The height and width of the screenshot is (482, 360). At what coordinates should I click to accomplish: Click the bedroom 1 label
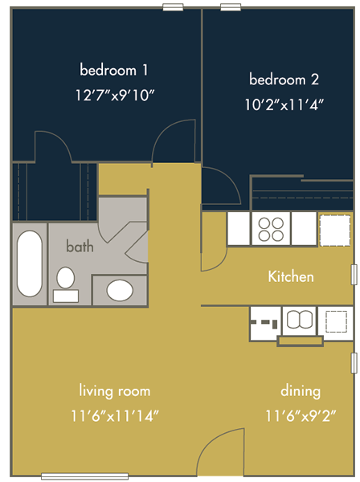(114, 70)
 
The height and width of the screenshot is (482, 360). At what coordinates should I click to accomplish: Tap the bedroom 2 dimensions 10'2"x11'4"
(284, 105)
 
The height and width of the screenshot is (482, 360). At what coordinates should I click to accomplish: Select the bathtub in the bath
(30, 263)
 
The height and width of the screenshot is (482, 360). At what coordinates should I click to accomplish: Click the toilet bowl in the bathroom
(65, 278)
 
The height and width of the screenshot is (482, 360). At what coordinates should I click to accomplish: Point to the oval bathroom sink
(120, 290)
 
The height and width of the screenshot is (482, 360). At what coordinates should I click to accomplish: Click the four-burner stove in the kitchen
(271, 229)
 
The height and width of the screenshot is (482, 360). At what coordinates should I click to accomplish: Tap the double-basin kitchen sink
(300, 320)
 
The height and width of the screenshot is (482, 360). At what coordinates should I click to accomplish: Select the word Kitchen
(291, 276)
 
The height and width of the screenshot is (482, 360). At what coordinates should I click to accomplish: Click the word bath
(80, 247)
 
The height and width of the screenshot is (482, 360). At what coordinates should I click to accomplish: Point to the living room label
(115, 391)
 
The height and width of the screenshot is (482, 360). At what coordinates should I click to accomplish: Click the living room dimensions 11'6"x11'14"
(115, 416)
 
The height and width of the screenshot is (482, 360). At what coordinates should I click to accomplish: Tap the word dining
(301, 391)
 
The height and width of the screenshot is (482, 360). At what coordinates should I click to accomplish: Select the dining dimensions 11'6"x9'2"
(301, 416)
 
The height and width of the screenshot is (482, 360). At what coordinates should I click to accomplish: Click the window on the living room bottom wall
(85, 476)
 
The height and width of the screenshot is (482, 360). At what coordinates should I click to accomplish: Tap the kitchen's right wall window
(354, 274)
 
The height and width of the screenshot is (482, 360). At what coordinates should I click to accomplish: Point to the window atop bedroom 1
(173, 7)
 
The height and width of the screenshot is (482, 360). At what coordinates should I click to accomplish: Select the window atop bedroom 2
(231, 7)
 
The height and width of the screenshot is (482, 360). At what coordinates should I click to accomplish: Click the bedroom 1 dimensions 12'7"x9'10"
(115, 96)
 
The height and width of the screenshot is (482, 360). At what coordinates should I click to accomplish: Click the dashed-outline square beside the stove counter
(335, 231)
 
